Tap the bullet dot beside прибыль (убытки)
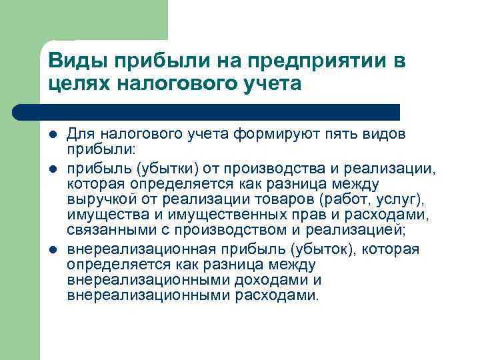pos(53,165)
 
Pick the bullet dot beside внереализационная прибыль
pos(53,249)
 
